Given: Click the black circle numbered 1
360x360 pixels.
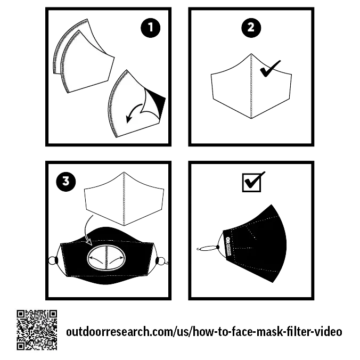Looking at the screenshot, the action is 150,28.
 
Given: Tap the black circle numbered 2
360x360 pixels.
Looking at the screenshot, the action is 251,28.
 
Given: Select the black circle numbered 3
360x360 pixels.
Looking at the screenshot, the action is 66,182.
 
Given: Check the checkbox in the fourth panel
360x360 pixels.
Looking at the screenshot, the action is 252,183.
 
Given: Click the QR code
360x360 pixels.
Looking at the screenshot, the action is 37,330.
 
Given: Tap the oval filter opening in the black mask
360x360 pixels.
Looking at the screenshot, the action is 107,258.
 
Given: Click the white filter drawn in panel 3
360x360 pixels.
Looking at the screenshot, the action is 124,199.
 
